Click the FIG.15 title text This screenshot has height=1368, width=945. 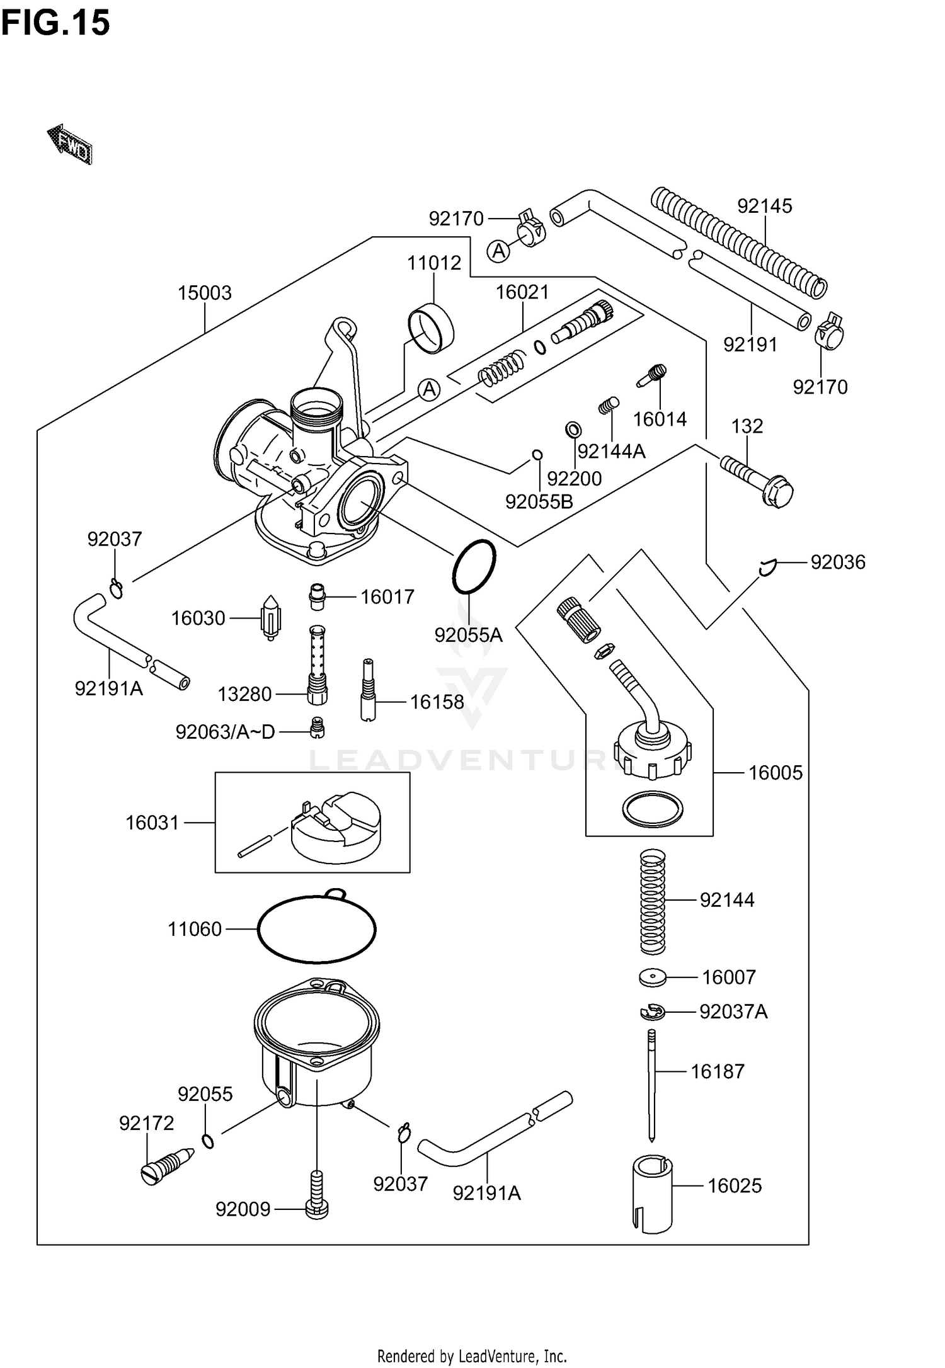(x=55, y=23)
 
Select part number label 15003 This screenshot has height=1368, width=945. (x=204, y=293)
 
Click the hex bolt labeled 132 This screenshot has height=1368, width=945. (x=756, y=481)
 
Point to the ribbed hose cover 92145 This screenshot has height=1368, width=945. (x=737, y=242)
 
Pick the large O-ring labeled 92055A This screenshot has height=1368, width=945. (x=474, y=566)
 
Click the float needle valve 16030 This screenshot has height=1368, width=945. (x=271, y=617)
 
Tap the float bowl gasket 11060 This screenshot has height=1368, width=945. (x=316, y=928)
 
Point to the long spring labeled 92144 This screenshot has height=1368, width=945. (x=653, y=901)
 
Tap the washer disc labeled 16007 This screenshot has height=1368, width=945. (x=652, y=978)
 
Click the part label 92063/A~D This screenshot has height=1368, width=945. (x=225, y=732)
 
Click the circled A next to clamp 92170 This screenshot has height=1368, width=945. (x=498, y=251)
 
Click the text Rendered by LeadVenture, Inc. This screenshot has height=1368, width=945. (x=472, y=1355)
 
